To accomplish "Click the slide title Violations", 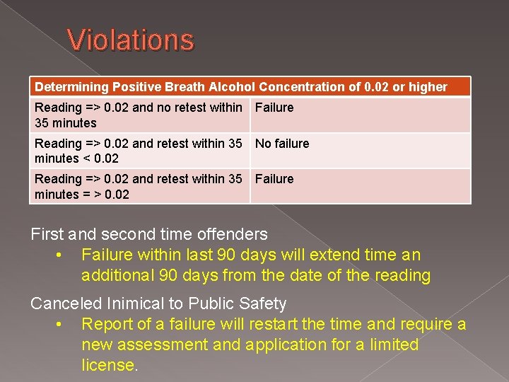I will coord(131,40).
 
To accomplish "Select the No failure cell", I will coord(282,144).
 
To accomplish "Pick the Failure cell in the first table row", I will coord(274,108).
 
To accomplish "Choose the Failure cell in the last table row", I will coord(274,179).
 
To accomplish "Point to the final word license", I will coord(109,366).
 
